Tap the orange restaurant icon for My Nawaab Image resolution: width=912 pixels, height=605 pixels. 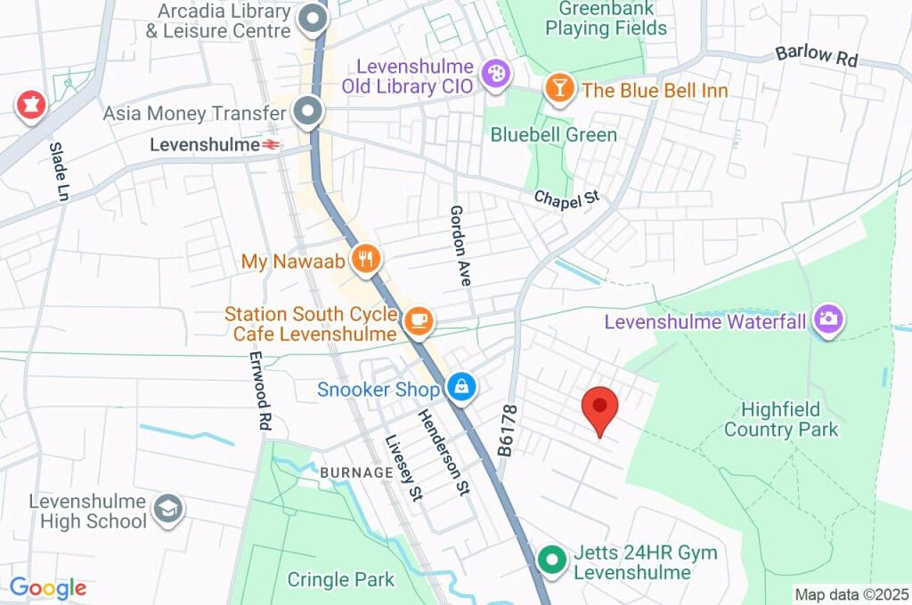(365, 260)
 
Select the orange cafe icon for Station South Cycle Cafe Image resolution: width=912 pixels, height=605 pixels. (418, 320)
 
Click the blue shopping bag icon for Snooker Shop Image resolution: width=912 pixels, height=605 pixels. (460, 387)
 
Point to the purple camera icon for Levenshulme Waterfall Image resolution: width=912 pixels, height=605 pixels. (828, 319)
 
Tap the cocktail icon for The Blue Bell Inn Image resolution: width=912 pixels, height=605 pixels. (558, 89)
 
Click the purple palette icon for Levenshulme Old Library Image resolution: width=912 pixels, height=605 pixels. (493, 74)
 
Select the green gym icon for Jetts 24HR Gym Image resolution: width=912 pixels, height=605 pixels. (552, 561)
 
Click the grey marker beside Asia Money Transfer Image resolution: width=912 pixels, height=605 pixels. (308, 112)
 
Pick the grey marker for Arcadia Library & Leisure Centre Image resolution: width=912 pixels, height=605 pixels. (313, 20)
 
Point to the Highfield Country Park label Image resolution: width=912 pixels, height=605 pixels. (781, 420)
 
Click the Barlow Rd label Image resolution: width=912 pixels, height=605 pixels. (816, 56)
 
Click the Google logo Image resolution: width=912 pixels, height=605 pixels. (48, 587)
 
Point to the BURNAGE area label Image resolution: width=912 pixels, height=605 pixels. (355, 472)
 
